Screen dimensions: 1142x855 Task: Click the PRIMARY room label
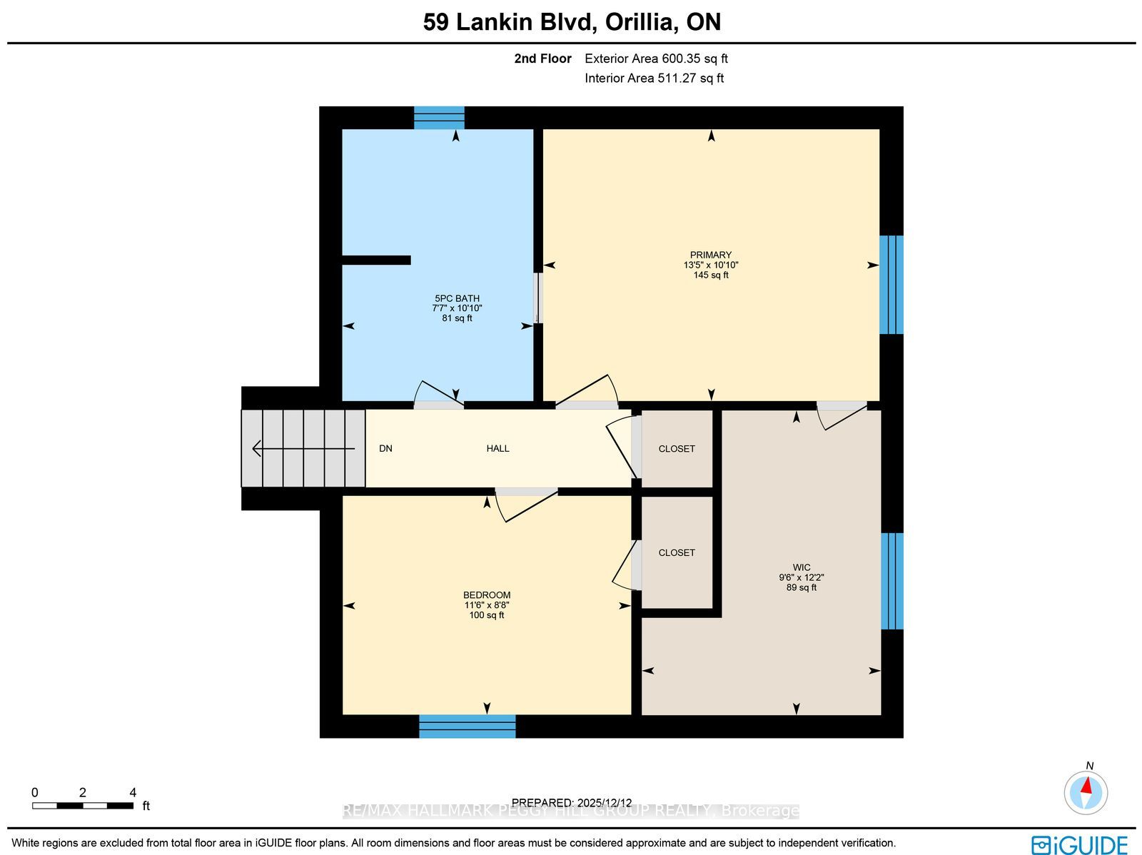[x=711, y=255]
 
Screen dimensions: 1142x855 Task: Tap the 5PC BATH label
[x=458, y=298]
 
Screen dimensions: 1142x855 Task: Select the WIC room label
[x=802, y=567]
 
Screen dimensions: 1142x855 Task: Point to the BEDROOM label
[x=487, y=595]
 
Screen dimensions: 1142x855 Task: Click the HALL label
[x=498, y=448]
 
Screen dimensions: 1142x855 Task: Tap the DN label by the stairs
[x=385, y=448]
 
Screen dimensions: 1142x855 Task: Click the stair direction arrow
[x=303, y=448]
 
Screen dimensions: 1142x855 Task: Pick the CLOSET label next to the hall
[x=677, y=449]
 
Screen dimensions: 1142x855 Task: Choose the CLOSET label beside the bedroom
[x=677, y=553]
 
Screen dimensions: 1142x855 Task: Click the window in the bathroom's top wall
[x=439, y=118]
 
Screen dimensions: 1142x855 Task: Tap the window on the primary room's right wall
[x=891, y=285]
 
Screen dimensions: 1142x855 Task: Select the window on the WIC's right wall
[x=891, y=581]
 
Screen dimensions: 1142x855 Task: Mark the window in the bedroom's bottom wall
[x=468, y=726]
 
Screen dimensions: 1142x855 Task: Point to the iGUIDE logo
[x=1080, y=844]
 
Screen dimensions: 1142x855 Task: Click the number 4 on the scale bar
[x=133, y=792]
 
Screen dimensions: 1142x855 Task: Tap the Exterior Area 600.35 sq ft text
[x=656, y=59]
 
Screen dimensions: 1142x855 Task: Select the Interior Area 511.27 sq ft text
[x=654, y=79]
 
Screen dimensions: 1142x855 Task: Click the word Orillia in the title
[x=642, y=22]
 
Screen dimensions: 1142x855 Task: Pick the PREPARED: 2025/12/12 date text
[x=571, y=802]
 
